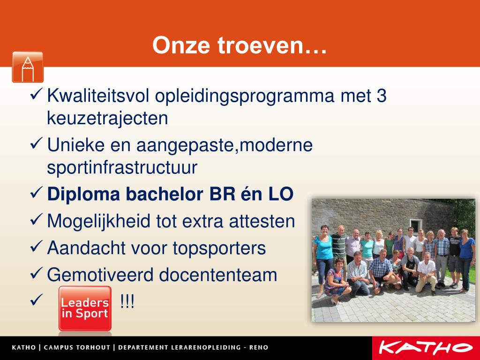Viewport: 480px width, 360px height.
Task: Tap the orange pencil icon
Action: pyautogui.click(x=28, y=67)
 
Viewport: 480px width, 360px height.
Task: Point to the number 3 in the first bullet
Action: pyautogui.click(x=382, y=95)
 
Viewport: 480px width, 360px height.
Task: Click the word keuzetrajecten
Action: pyautogui.click(x=107, y=118)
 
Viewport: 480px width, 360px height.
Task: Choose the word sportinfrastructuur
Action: pyautogui.click(x=122, y=167)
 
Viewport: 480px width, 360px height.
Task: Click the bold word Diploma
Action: pyautogui.click(x=83, y=194)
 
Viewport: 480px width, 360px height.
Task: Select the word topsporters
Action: pyautogui.click(x=219, y=248)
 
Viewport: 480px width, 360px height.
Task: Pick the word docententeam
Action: pyautogui.click(x=218, y=275)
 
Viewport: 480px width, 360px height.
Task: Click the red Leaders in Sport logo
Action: pyautogui.click(x=85, y=308)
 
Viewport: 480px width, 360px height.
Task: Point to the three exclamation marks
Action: pyautogui.click(x=127, y=301)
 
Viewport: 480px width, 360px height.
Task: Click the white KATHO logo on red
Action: pyautogui.click(x=426, y=348)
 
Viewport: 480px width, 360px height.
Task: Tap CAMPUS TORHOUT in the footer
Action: pyautogui.click(x=77, y=347)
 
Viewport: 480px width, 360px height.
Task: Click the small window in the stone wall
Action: pyautogui.click(x=415, y=225)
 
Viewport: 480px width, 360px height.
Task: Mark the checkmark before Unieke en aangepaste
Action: pyautogui.click(x=36, y=143)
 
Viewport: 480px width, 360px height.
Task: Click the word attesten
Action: pyautogui.click(x=262, y=221)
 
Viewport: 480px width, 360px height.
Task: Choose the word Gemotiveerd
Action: pyautogui.click(x=100, y=275)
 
